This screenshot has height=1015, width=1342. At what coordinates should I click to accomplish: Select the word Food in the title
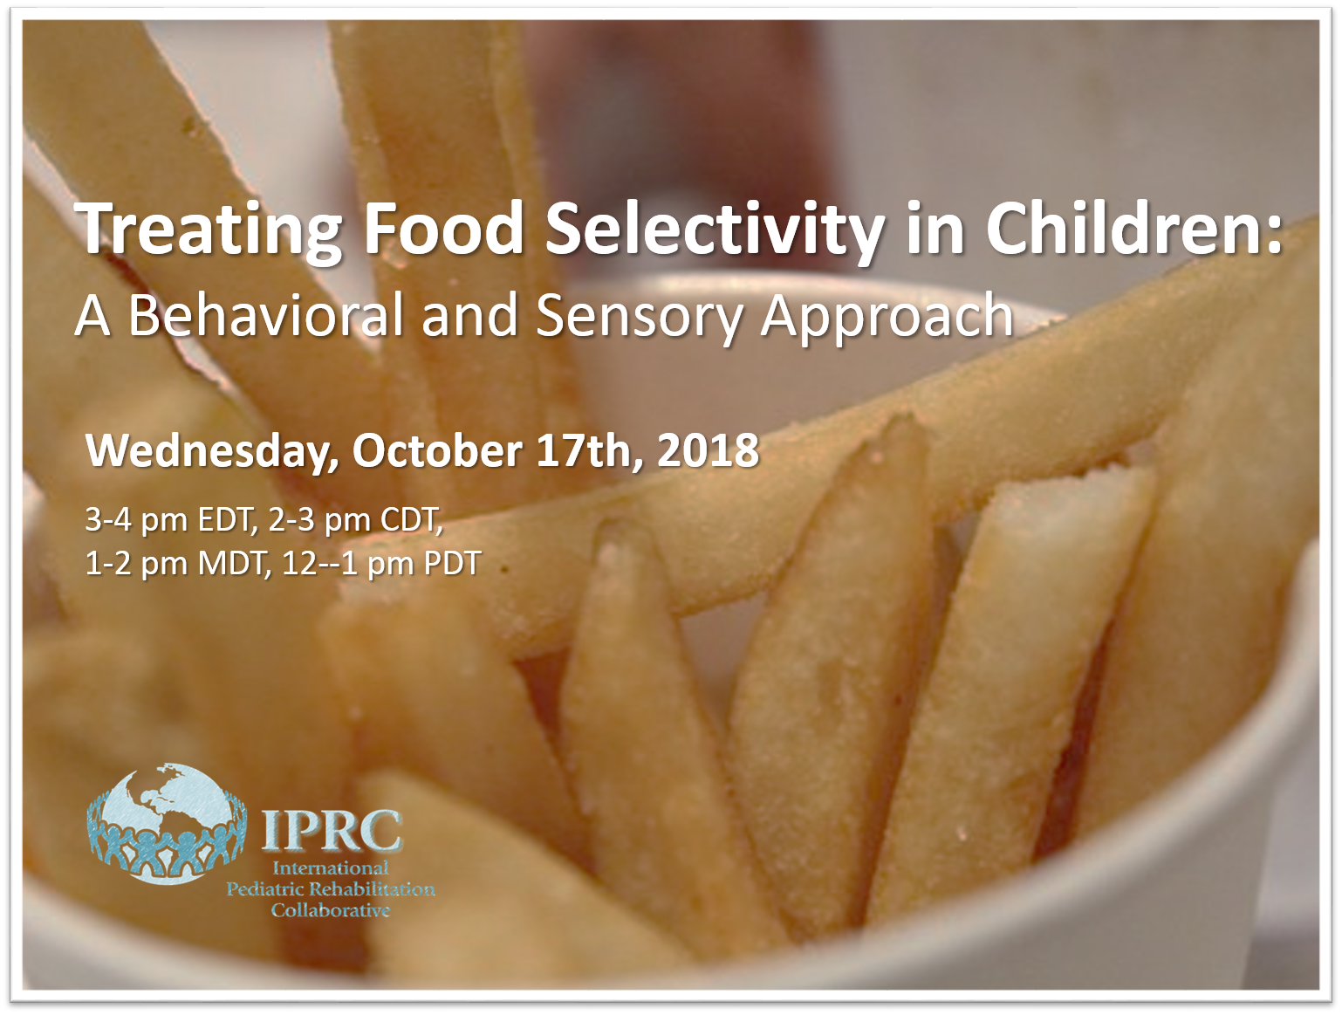443,228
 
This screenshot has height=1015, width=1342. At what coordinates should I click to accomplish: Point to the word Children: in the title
1133,227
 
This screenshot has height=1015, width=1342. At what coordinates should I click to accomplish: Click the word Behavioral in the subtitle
265,315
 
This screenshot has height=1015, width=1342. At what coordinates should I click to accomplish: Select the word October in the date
436,450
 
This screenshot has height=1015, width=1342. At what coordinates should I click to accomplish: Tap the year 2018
708,450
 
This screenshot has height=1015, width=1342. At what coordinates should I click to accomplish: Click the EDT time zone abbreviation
227,520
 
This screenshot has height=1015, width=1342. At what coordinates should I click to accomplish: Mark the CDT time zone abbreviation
412,520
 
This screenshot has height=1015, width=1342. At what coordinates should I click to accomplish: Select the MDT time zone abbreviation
234,563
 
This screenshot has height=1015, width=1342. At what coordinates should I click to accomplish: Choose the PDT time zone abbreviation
452,563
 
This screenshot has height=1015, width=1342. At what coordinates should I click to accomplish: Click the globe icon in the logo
167,823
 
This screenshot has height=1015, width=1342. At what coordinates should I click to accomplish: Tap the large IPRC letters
332,830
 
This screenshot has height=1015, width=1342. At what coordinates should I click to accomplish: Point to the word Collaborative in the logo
331,910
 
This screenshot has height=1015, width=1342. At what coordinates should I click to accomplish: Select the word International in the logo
331,868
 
